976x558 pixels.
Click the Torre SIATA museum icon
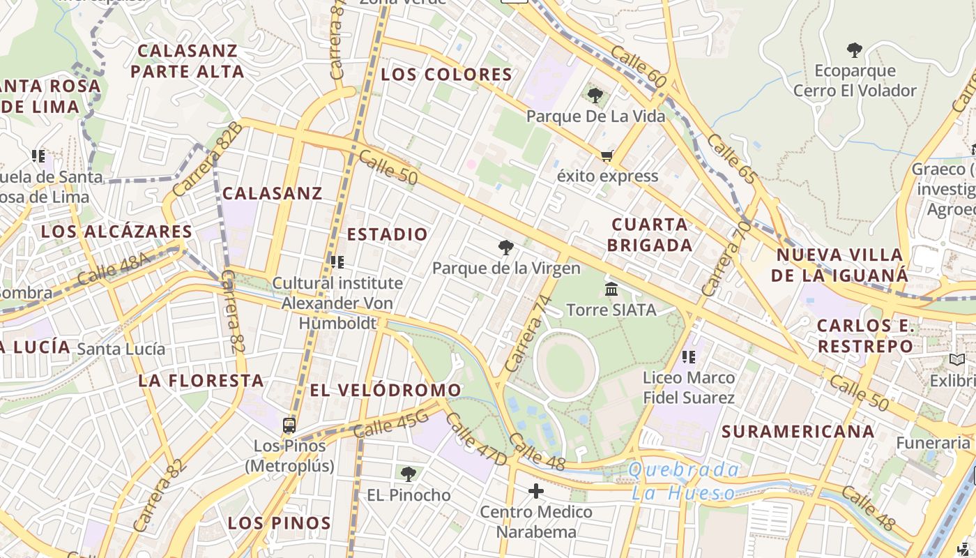(611, 288)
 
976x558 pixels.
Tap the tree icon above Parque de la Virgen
(506, 248)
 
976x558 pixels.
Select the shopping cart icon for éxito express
(607, 156)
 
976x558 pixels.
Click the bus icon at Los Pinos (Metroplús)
(289, 425)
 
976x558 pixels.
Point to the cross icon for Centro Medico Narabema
(535, 492)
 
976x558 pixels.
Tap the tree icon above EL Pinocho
(409, 474)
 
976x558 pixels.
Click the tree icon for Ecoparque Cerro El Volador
(854, 50)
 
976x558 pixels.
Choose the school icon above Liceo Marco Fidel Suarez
(689, 357)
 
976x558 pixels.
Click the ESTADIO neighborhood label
(387, 234)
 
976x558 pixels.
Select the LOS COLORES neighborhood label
(446, 75)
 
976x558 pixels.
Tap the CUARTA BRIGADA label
(650, 234)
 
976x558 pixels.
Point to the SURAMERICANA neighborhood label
(798, 432)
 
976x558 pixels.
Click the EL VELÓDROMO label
(385, 391)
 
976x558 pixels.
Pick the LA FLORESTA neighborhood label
(201, 381)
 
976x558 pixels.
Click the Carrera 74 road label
(528, 333)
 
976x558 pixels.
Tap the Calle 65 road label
(731, 159)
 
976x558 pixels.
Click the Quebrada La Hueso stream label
(683, 481)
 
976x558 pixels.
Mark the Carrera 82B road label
(207, 159)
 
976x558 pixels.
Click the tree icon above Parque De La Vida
(595, 96)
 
